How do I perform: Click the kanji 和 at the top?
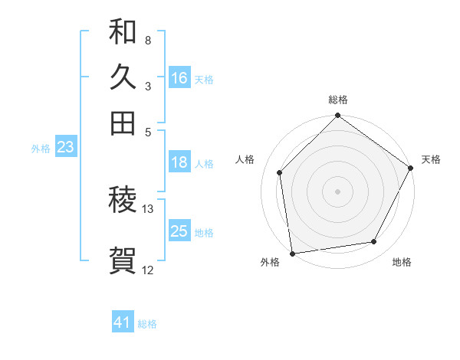[x=123, y=32]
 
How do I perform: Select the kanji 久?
[x=123, y=77]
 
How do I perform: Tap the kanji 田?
[x=123, y=123]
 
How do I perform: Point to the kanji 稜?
[x=123, y=201]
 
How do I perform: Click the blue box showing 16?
[x=179, y=78]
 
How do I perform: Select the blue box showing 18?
[x=179, y=162]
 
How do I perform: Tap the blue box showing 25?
[x=179, y=231]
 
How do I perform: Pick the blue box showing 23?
[x=65, y=148]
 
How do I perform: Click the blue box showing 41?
[x=123, y=322]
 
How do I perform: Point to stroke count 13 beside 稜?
[x=148, y=208]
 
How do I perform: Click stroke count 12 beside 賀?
[x=148, y=270]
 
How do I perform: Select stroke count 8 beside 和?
[x=148, y=40]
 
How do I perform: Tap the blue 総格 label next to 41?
[x=147, y=324]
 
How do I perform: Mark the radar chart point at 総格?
[x=337, y=117]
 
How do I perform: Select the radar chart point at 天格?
[x=412, y=169]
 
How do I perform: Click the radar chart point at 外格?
[x=292, y=253]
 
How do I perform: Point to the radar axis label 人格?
[x=245, y=159]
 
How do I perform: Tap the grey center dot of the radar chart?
[x=337, y=191]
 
